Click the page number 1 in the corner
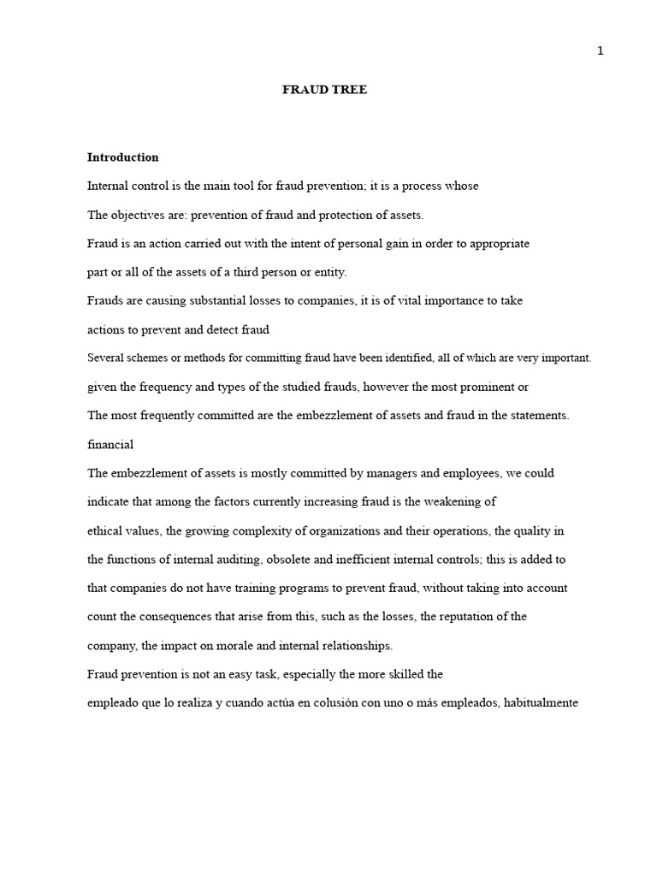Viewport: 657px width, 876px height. point(601,50)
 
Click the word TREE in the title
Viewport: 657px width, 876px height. point(350,90)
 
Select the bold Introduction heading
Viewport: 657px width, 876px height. point(122,157)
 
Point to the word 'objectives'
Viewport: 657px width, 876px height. point(139,215)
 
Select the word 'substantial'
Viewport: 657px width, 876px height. point(210,300)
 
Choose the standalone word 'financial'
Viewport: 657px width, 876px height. point(110,444)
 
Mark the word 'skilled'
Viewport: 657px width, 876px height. point(401,674)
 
